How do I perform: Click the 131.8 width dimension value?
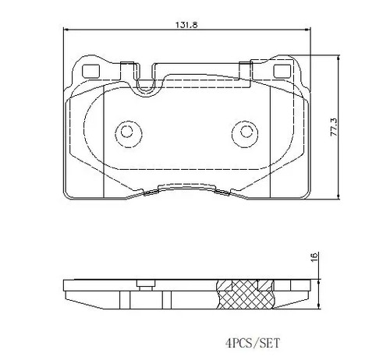click(x=186, y=25)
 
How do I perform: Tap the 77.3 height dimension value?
click(x=333, y=127)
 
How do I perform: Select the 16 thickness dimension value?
click(x=314, y=256)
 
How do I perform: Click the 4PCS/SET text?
click(x=253, y=343)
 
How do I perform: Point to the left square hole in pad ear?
click(x=90, y=71)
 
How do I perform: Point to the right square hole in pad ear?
click(x=282, y=71)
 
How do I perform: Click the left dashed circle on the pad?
click(x=128, y=134)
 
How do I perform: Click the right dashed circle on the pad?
click(x=245, y=134)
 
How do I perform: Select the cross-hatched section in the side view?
click(x=245, y=295)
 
